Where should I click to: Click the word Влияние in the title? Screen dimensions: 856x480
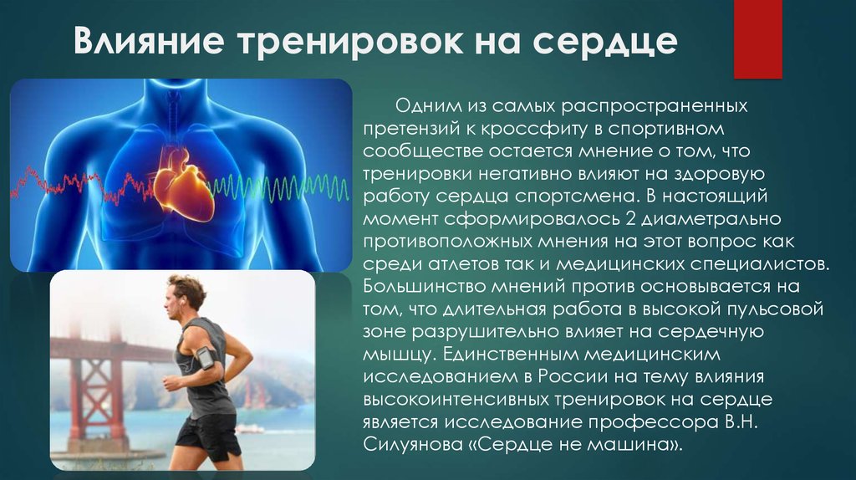pos(149,40)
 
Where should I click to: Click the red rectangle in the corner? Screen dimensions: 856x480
pos(757,38)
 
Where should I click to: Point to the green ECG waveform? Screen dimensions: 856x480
pos(279,188)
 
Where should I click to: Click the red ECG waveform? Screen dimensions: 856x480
pos(82,186)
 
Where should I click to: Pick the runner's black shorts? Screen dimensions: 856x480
pos(208,434)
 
